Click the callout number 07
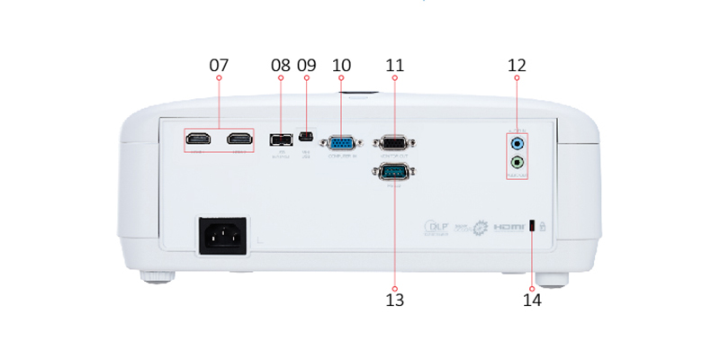click(x=220, y=66)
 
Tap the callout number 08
click(x=281, y=66)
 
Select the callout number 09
click(x=307, y=66)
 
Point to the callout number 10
click(x=342, y=66)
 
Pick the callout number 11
click(x=394, y=66)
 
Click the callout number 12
click(x=517, y=66)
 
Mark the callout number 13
click(x=394, y=299)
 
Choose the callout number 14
click(x=533, y=299)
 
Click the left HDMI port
click(x=198, y=139)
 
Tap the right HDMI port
click(x=238, y=139)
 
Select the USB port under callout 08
click(x=280, y=140)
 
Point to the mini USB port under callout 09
click(x=307, y=139)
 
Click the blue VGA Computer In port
click(x=342, y=141)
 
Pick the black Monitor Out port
click(x=393, y=141)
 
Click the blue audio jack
click(x=517, y=142)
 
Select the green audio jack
click(x=517, y=163)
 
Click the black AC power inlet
click(x=223, y=236)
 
